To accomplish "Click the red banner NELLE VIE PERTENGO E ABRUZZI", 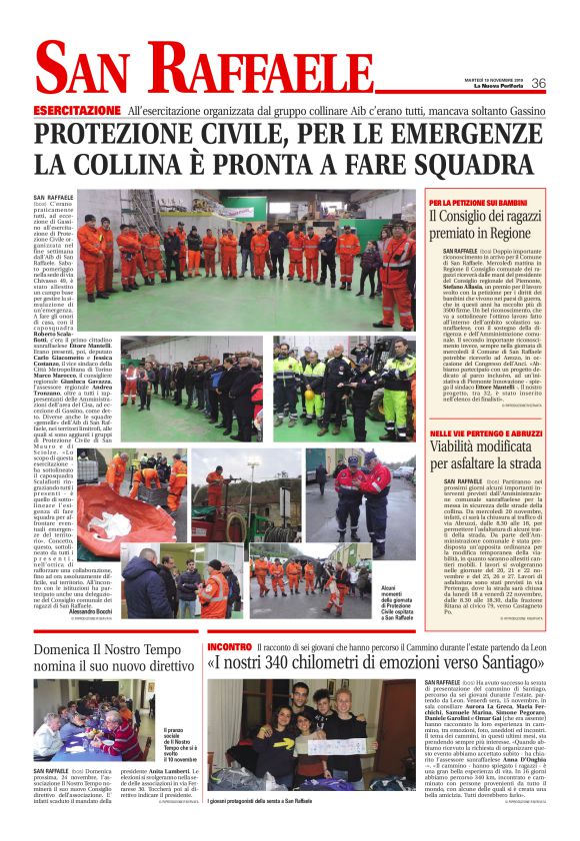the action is (x=479, y=432).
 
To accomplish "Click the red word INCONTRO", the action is (x=229, y=647).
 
